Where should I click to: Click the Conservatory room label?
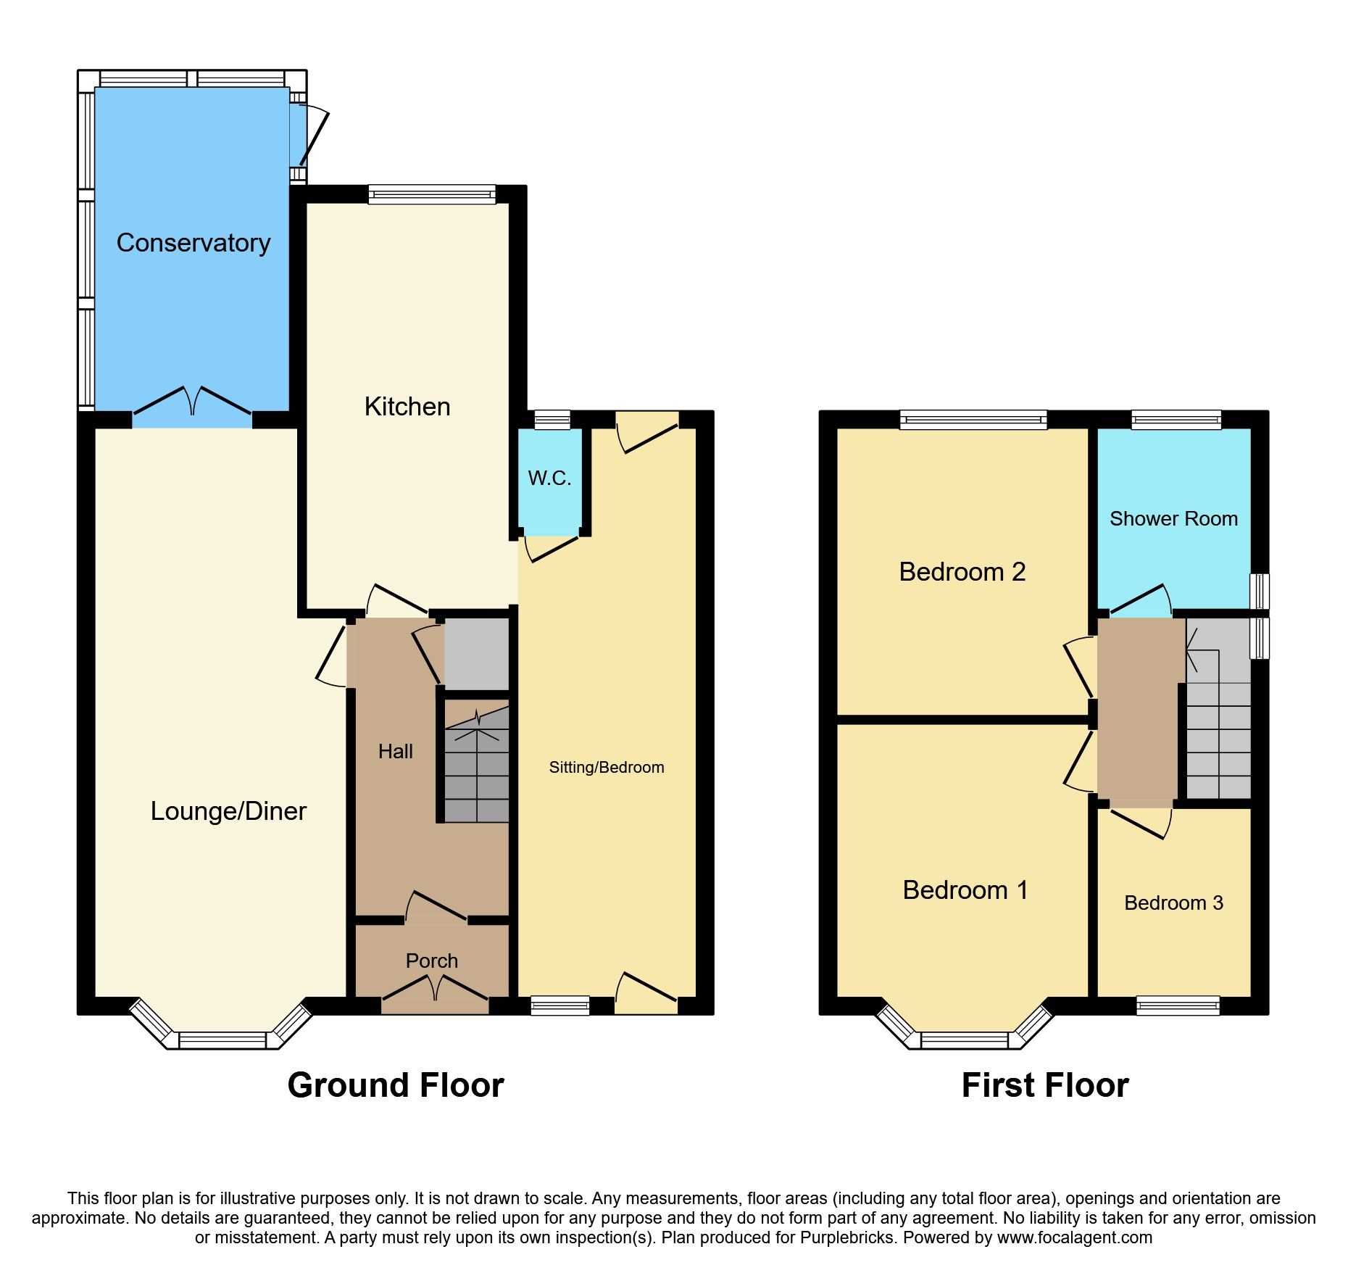coord(193,243)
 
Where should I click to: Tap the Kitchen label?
coord(407,407)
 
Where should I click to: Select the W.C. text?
coord(549,478)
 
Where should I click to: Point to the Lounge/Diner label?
coord(228,811)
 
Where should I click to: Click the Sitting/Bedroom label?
coord(606,768)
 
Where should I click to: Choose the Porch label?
coord(431,961)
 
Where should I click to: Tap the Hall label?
coord(395,752)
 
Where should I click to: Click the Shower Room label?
coord(1173,519)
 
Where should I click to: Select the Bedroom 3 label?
coord(1173,903)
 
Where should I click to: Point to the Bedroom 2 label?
coord(962,572)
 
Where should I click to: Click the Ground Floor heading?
coord(395,1086)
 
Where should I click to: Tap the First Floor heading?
coord(1044,1086)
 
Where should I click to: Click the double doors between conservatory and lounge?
coord(192,406)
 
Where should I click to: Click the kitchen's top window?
coord(432,194)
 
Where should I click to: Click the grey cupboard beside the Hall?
coord(476,654)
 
